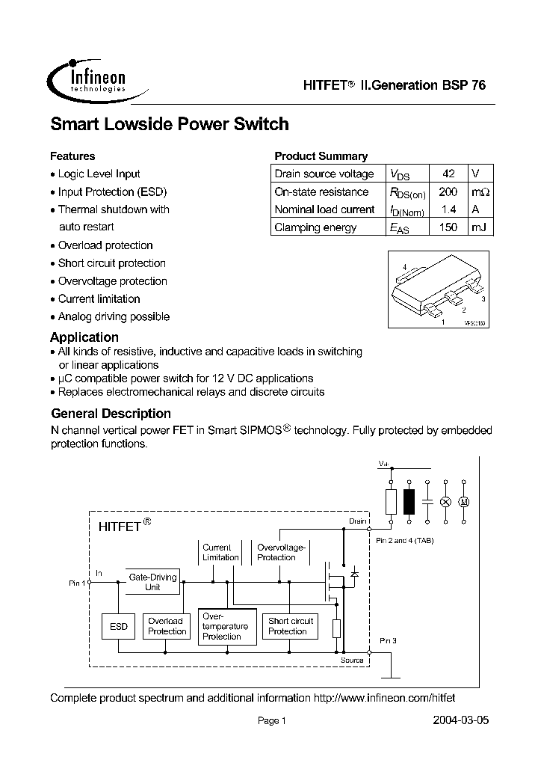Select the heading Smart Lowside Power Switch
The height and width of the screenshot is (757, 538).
(169, 124)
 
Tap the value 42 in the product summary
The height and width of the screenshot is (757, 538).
(448, 174)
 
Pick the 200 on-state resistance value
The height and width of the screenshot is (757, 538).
(448, 191)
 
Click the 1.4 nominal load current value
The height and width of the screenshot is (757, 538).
(448, 209)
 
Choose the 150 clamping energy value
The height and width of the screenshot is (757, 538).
(448, 227)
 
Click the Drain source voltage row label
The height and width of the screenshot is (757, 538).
(324, 174)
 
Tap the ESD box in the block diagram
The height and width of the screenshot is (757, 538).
(119, 626)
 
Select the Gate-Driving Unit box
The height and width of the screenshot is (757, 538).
(152, 582)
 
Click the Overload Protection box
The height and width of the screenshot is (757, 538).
(166, 626)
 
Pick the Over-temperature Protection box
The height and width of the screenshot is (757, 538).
(226, 626)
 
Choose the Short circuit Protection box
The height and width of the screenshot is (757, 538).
(291, 626)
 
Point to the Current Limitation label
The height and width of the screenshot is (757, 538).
(220, 552)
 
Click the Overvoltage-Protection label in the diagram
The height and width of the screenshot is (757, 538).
(276, 552)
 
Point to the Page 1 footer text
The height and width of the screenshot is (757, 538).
(271, 721)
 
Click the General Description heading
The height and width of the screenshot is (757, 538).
(111, 414)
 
